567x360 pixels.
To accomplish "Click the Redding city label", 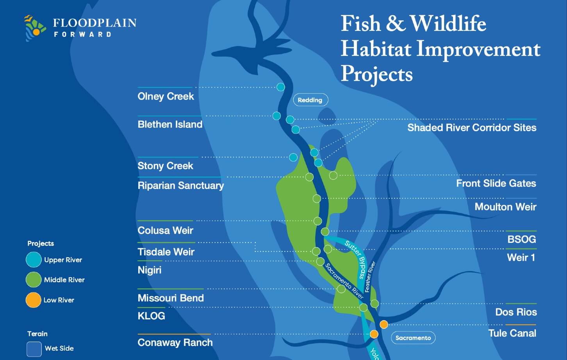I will [310, 100].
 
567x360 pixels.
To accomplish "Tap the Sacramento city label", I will [413, 338].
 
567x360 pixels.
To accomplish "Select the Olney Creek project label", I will [166, 96].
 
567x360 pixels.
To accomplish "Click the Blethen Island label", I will [170, 125].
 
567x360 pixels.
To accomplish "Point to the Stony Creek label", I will [165, 166].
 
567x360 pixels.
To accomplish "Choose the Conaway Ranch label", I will [175, 342].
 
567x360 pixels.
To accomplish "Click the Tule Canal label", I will [512, 333].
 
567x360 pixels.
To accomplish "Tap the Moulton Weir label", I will [505, 207].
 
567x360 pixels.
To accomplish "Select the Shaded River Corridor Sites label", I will [472, 128].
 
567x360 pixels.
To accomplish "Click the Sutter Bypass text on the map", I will [355, 259].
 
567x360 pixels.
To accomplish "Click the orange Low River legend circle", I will [33, 300].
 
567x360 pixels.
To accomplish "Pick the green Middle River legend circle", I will [33, 280].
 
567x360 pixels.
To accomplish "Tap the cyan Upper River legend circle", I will [33, 260].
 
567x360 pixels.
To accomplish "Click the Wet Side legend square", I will [34, 349].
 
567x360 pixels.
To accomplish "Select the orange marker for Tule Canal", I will [384, 324].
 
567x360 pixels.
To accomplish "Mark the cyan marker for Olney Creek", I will [280, 87].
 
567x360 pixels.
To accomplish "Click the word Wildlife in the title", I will [448, 24].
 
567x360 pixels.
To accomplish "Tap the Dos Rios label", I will [516, 312].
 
